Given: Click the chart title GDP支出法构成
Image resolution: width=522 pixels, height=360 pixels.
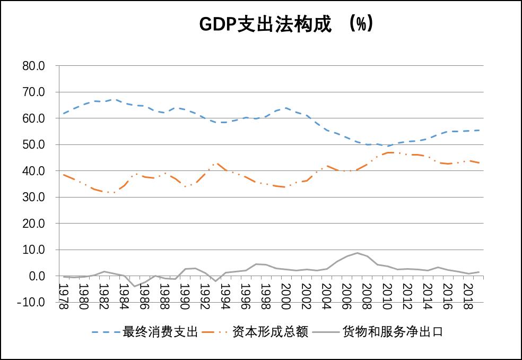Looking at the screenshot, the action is (265, 24).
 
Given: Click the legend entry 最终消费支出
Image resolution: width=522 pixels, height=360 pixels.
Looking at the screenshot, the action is (160, 332).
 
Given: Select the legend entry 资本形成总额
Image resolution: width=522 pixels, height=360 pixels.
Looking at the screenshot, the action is (271, 332).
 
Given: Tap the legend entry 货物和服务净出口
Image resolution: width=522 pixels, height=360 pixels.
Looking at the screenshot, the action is (393, 332).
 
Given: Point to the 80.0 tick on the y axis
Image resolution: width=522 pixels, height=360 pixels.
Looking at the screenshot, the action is (33, 66).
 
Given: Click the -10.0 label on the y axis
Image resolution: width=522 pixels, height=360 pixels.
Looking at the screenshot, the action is (31, 302).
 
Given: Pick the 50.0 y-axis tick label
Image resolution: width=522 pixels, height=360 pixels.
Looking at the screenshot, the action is (33, 144).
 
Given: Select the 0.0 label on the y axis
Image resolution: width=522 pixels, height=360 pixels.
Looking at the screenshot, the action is (37, 276).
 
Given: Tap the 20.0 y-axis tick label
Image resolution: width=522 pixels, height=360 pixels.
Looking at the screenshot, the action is (33, 224).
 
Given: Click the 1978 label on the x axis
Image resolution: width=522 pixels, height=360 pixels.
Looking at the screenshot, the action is (63, 296).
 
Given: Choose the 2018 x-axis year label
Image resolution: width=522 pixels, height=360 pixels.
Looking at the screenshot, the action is (468, 296).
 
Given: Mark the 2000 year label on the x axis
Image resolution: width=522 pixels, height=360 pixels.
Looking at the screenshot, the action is (285, 296).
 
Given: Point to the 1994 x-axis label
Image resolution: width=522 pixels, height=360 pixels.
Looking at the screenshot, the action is (225, 296).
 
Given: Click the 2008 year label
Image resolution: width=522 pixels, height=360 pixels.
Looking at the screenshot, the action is (367, 296).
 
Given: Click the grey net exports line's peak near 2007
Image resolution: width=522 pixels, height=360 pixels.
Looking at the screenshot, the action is (357, 253).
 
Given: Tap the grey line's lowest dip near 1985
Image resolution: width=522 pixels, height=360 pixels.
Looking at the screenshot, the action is (135, 286).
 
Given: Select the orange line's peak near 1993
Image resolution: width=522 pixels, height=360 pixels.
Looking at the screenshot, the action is (216, 164).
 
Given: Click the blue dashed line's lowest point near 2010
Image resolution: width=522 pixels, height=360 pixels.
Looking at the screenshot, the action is (388, 145).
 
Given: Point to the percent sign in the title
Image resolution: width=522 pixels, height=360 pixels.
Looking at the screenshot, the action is (361, 24).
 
